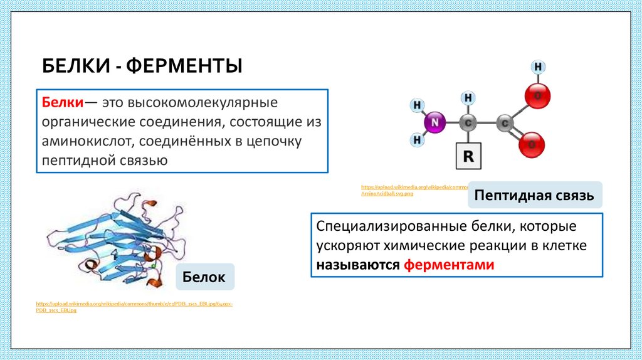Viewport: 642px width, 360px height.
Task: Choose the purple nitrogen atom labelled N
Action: click(433, 123)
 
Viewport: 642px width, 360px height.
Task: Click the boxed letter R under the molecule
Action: click(468, 157)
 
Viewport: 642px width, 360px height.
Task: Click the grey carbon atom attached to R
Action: click(468, 123)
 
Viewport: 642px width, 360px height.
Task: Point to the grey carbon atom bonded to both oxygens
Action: click(504, 123)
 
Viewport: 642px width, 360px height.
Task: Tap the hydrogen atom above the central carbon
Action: click(468, 98)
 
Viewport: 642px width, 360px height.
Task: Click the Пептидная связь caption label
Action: click(534, 195)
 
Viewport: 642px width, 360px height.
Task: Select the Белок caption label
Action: click(204, 277)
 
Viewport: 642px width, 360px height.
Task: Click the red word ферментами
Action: click(449, 265)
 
